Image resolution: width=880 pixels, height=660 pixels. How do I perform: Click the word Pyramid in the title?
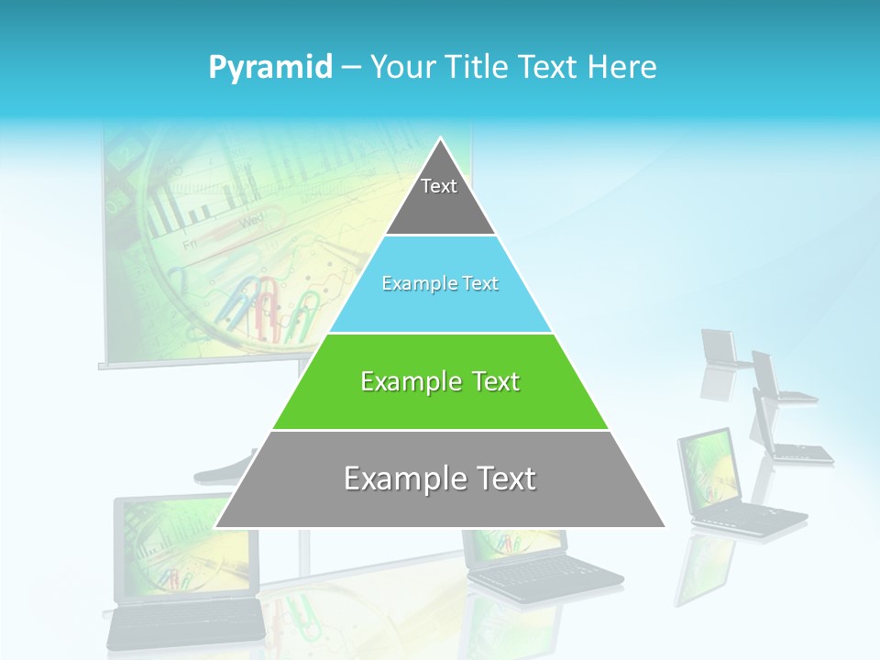pos(270,68)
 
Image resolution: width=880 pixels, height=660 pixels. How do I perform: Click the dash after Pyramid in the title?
pos(351,68)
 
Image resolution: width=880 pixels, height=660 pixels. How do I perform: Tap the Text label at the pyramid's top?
pos(439,186)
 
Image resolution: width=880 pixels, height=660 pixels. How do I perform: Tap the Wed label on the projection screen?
pos(251,221)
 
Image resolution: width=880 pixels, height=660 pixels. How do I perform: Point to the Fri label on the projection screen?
pos(190,246)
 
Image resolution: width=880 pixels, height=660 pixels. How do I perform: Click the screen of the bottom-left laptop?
pos(183,546)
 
